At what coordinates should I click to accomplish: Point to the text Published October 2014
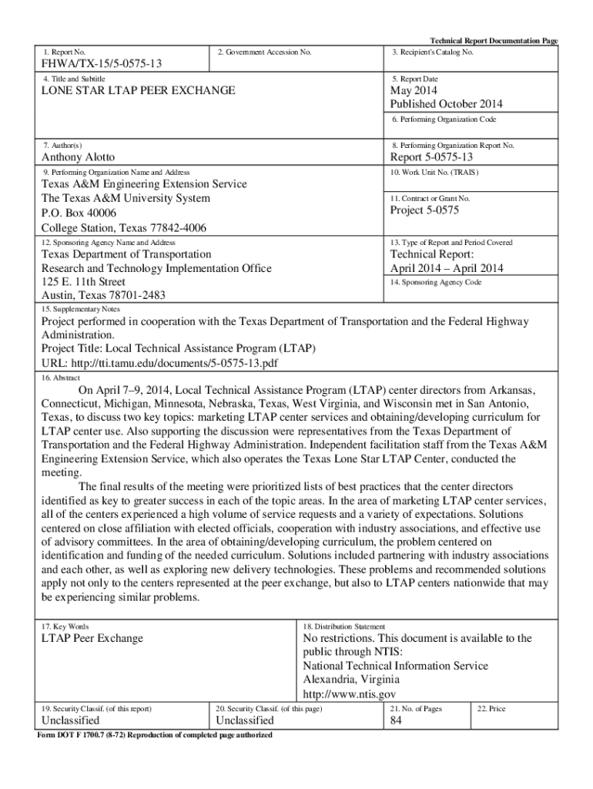446,104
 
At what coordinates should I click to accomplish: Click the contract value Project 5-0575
424,210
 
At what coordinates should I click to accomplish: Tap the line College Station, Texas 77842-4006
123,227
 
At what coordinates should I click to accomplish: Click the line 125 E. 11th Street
83,282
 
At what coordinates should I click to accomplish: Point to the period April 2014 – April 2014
447,268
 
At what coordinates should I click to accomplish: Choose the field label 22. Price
491,708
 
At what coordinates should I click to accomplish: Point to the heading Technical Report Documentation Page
493,41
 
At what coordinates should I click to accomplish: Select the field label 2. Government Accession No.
264,52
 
